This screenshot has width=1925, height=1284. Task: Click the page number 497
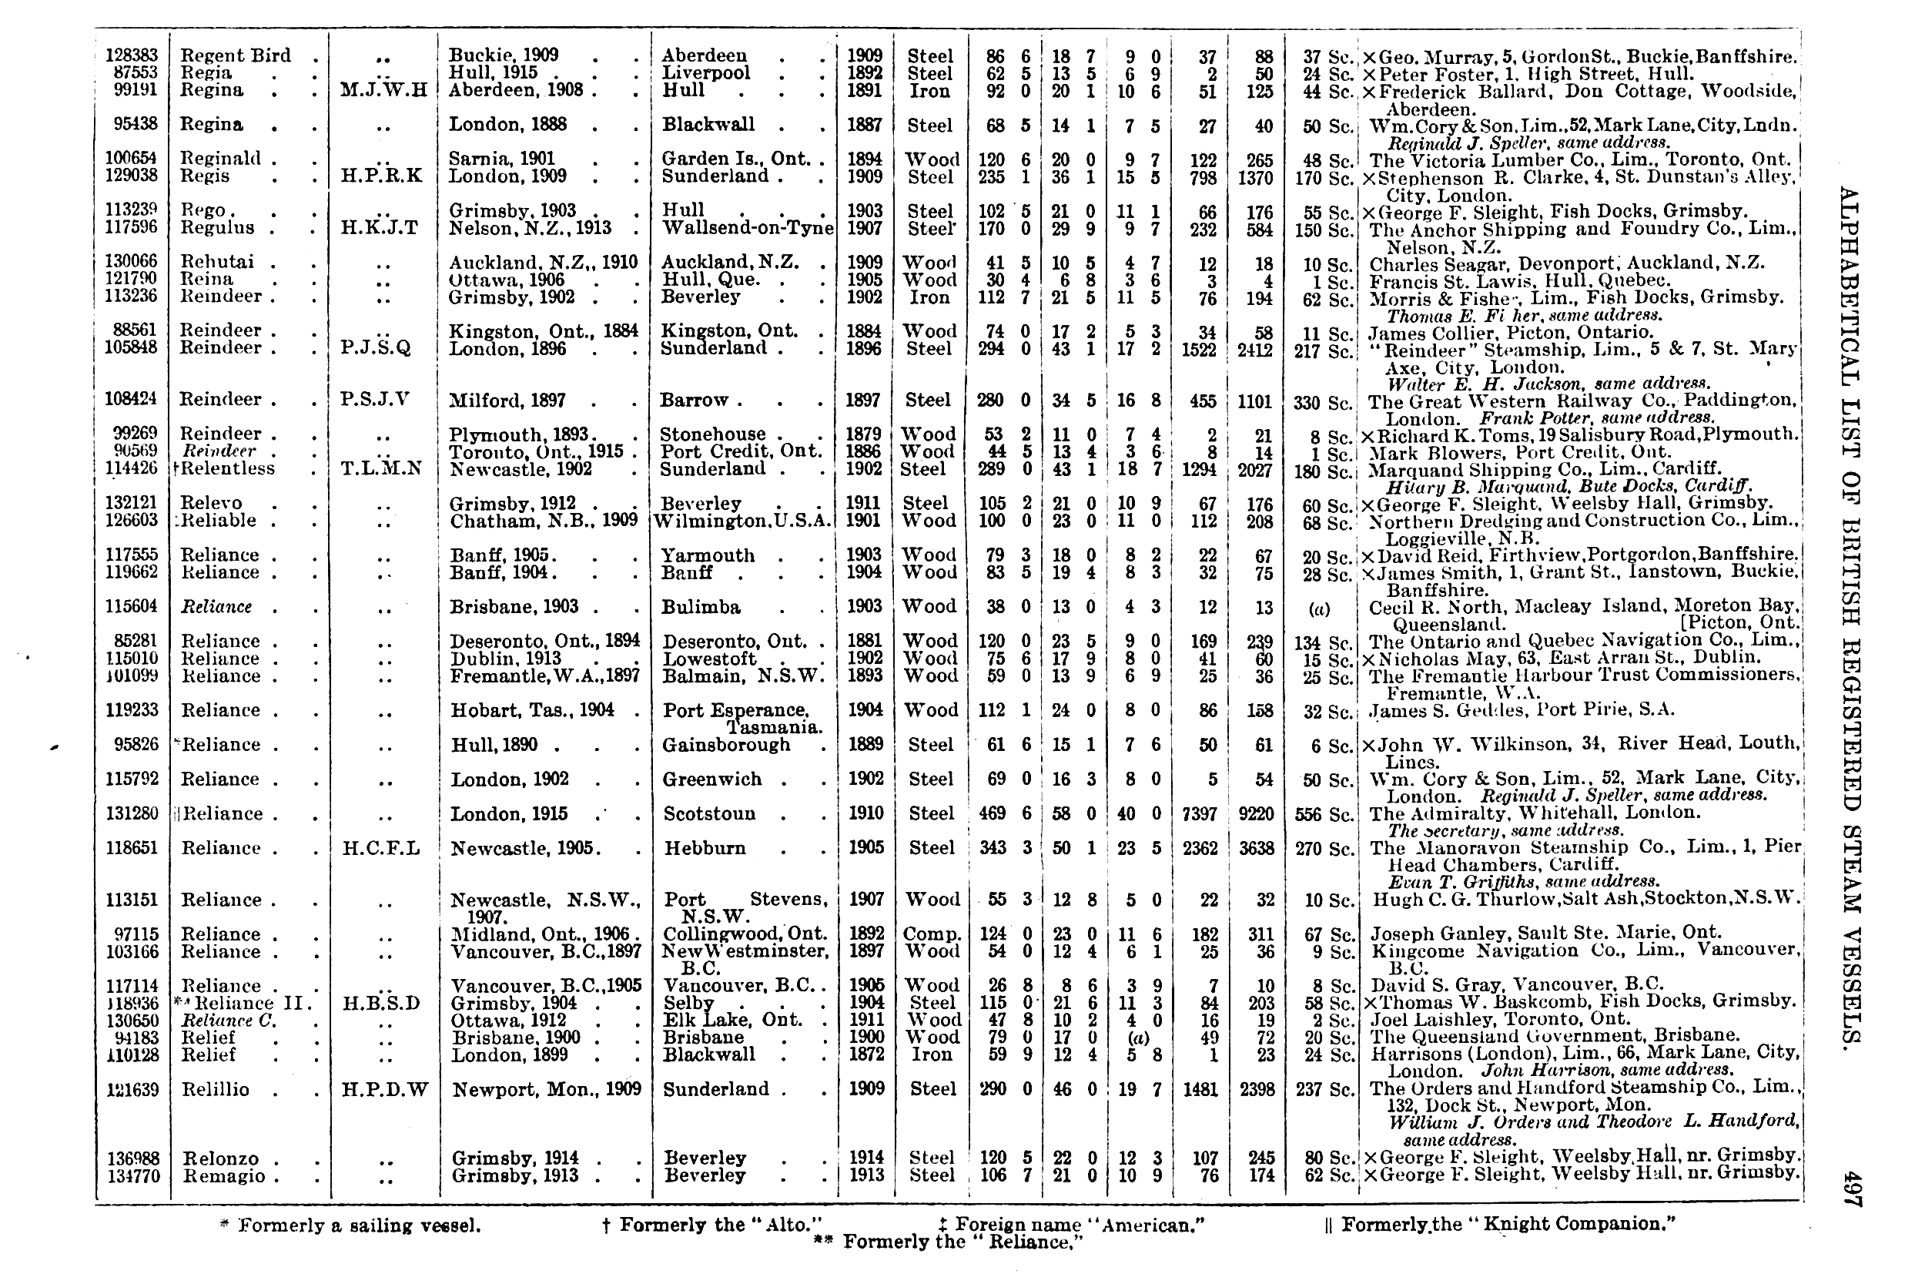click(x=1852, y=1189)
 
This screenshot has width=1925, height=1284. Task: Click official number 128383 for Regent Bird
click(x=132, y=55)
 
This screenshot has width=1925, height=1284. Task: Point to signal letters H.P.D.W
click(x=384, y=1090)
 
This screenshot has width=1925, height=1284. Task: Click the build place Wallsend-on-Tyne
click(x=747, y=228)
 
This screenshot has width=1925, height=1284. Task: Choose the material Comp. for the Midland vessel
click(x=931, y=934)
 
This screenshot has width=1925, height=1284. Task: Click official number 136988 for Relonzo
click(x=132, y=1158)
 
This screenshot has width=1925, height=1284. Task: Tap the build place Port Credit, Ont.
click(x=741, y=451)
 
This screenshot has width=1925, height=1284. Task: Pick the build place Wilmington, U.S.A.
click(x=742, y=521)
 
